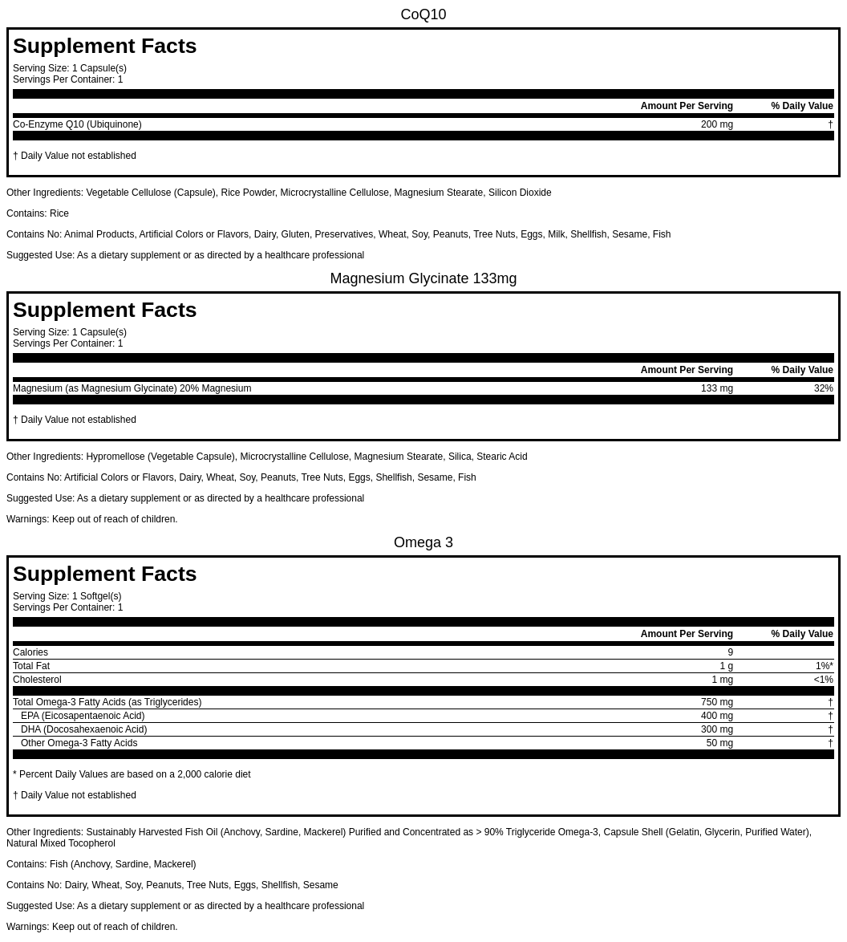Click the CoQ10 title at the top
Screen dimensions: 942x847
(423, 14)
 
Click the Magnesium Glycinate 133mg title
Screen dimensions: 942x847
(423, 278)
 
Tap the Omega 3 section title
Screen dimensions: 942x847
(423, 542)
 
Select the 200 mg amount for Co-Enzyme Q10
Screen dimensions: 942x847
(716, 124)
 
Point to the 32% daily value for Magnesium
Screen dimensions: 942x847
(823, 388)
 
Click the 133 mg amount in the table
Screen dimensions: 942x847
(716, 388)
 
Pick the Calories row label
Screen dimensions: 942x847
(30, 652)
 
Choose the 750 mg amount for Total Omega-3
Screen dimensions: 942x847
(716, 702)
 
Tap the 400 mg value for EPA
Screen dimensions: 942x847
(716, 716)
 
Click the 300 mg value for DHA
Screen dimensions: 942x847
(716, 729)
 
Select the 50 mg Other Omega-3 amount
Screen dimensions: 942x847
(719, 743)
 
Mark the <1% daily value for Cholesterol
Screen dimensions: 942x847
(823, 680)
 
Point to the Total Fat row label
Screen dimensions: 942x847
(31, 666)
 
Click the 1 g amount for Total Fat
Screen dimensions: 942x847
(726, 666)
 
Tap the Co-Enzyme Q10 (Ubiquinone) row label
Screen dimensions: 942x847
(77, 124)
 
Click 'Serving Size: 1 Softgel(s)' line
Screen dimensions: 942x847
(67, 596)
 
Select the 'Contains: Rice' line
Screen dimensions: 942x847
(38, 213)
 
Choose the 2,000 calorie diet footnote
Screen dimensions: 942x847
(132, 774)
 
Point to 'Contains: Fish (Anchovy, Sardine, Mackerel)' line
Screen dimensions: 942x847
(101, 864)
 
